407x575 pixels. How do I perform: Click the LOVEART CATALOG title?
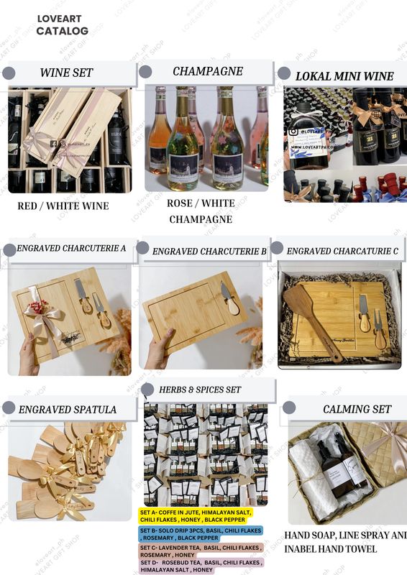coord(62,25)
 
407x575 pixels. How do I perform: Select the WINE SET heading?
coord(66,73)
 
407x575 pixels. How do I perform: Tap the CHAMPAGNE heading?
coord(207,71)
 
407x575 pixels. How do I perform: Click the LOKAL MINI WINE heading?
coord(344,75)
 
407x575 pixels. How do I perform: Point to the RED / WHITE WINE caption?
coord(63,206)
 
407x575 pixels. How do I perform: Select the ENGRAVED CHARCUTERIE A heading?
coord(72,249)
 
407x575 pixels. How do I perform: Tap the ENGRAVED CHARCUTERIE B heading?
coord(209,251)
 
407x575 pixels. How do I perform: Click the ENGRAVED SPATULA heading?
coord(68,409)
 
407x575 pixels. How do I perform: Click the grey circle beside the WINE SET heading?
coord(9,73)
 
